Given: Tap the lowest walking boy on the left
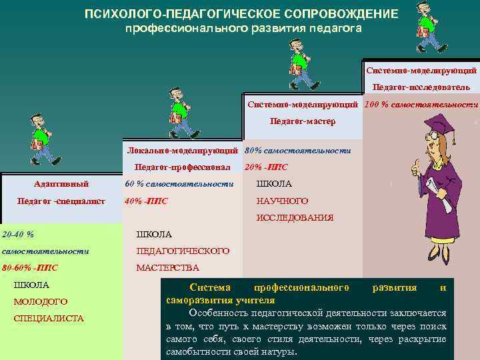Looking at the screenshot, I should tap(41, 143).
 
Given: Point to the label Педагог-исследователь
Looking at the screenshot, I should tap(421, 87).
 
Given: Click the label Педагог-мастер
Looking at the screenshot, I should tap(302, 122).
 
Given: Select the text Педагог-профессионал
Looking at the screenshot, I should tap(182, 167).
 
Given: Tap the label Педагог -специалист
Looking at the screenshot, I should tap(61, 201).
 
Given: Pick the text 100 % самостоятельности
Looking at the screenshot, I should tap(421, 105).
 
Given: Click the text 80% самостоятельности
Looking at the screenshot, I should tap(297, 151).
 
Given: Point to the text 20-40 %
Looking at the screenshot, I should tap(18, 234).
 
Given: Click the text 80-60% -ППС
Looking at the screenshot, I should tap(30, 268).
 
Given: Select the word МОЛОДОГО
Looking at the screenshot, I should tap(41, 302).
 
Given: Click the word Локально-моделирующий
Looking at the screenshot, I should tap(183, 151).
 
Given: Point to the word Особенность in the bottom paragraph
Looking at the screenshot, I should tap(214, 312).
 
